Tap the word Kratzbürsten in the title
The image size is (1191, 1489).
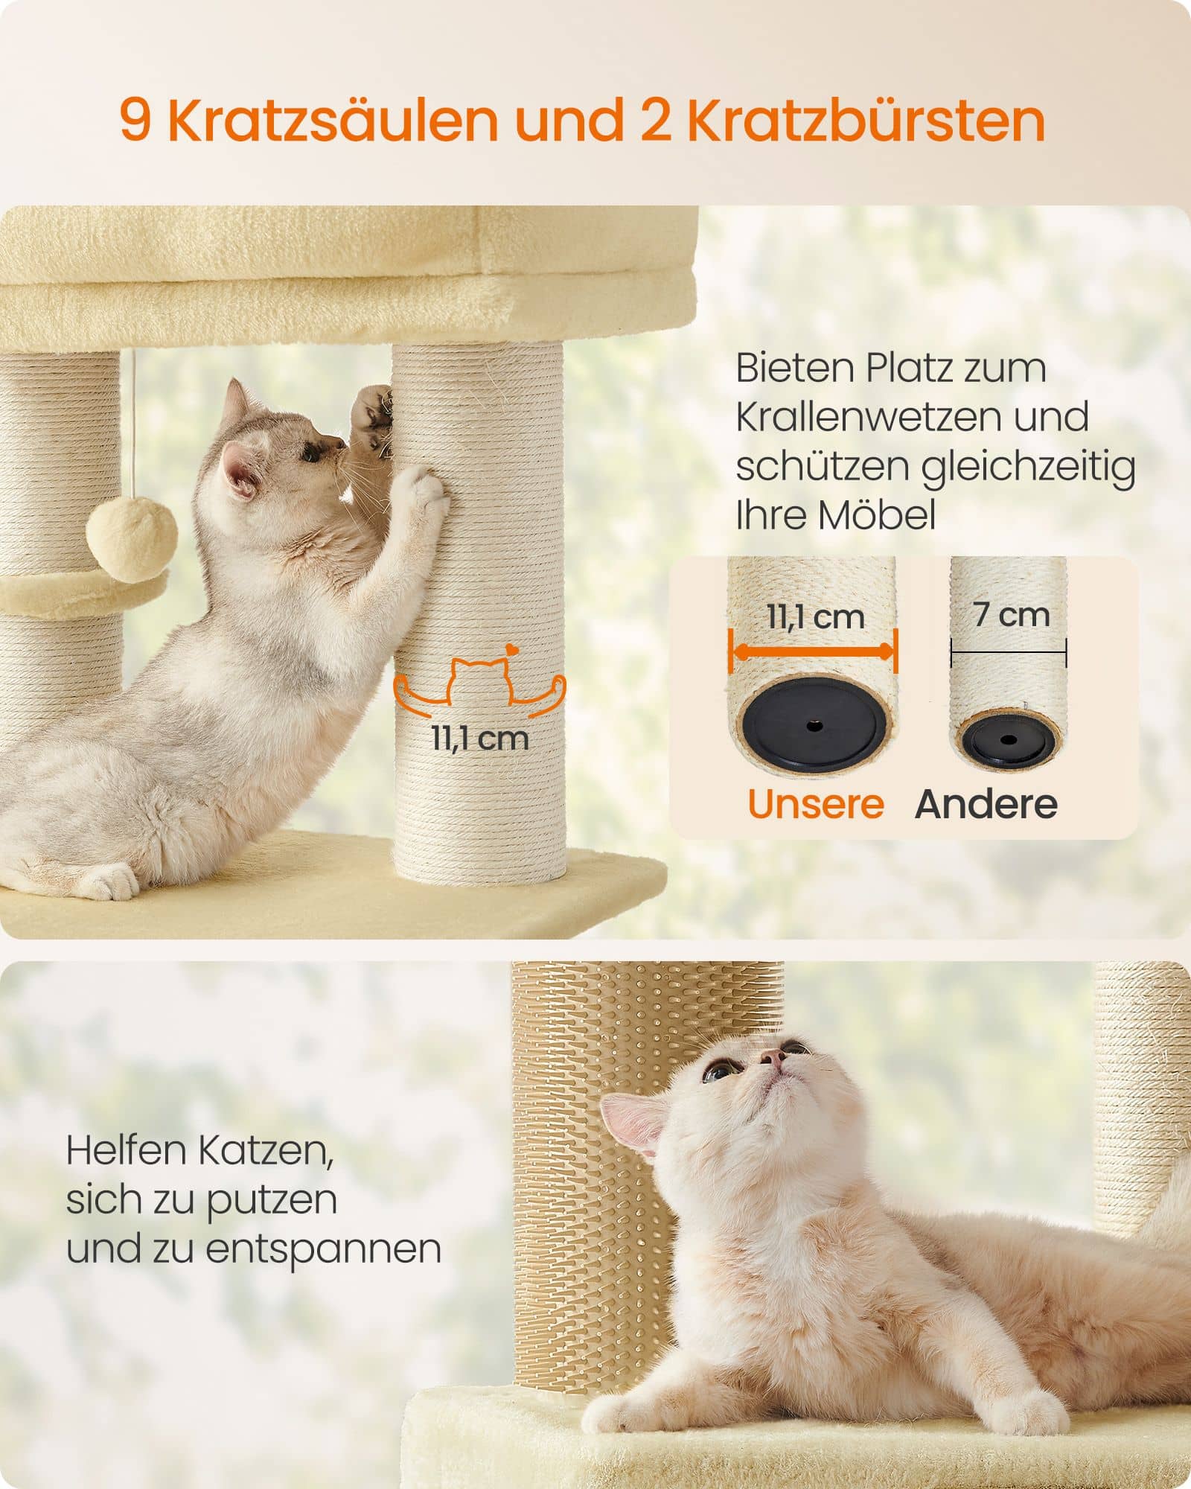click(x=865, y=121)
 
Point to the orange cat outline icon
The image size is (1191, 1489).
click(x=480, y=677)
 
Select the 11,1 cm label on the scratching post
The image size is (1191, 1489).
click(x=480, y=739)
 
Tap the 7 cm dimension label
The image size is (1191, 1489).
click(x=1011, y=615)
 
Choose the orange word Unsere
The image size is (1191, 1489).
click(x=816, y=804)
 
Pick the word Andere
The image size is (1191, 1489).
click(x=986, y=804)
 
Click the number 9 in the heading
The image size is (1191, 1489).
click(x=135, y=121)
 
